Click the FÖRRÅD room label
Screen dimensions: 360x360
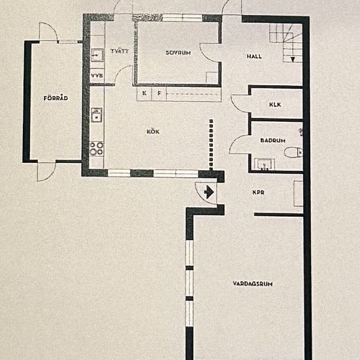click(56, 98)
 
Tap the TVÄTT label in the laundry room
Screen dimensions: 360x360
click(120, 51)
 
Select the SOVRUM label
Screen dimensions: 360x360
click(178, 53)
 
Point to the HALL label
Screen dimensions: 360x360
click(254, 56)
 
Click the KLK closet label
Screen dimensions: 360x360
click(275, 105)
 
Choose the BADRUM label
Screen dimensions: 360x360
click(273, 140)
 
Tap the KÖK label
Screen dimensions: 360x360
click(153, 132)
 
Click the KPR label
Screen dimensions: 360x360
click(259, 192)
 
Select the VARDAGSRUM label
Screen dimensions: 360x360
click(253, 284)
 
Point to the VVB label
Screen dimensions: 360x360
click(97, 76)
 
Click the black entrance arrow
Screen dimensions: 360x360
click(209, 192)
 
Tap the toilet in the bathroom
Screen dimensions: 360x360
click(293, 153)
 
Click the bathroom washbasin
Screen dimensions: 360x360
click(264, 164)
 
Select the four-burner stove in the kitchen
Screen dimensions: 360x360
click(97, 149)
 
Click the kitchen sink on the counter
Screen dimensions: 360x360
click(97, 115)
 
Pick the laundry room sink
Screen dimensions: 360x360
click(98, 56)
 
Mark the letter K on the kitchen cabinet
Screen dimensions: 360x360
click(144, 93)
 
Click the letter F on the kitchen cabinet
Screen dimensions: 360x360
click(159, 93)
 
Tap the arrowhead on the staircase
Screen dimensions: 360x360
click(293, 60)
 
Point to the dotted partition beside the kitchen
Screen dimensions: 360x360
click(211, 145)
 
